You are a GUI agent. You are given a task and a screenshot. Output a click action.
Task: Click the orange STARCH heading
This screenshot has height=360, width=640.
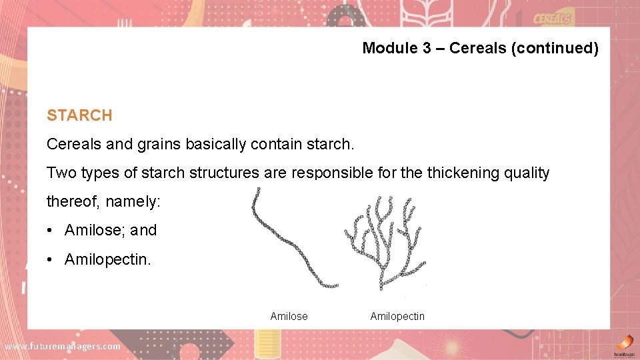pos(79,115)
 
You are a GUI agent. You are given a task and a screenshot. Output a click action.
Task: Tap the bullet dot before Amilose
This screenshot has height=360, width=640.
pos(51,231)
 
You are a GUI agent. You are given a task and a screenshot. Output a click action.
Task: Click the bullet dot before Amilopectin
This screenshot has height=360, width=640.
pos(51,259)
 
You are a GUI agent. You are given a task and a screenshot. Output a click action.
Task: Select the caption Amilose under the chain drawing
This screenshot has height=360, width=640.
pos(289,316)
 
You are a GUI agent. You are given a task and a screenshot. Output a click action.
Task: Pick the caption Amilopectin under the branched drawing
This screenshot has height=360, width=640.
pos(397,316)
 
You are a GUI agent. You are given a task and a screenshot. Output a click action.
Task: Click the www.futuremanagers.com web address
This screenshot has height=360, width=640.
pos(63,346)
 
